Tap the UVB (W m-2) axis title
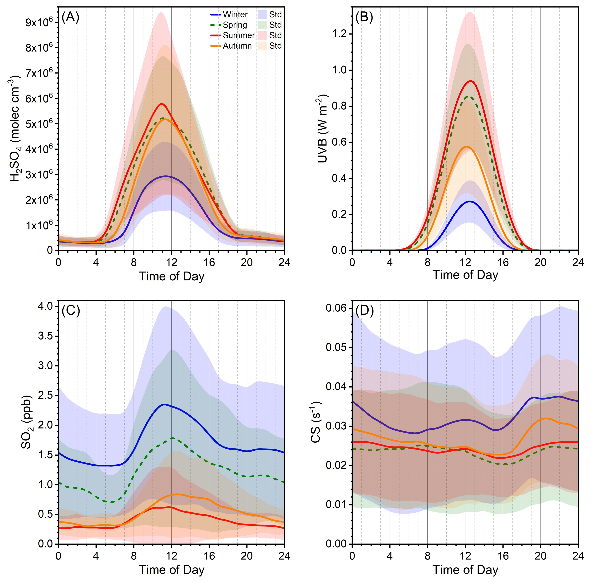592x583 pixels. tap(322, 129)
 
